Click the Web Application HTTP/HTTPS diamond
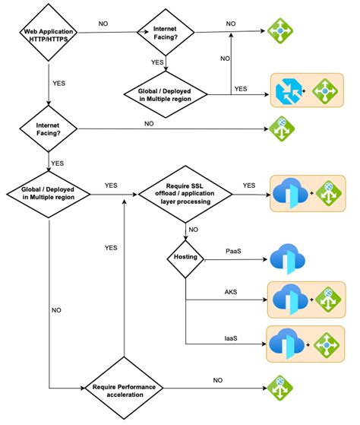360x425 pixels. tap(48, 35)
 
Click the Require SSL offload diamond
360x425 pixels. tap(185, 195)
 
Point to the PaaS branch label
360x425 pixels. tap(234, 251)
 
